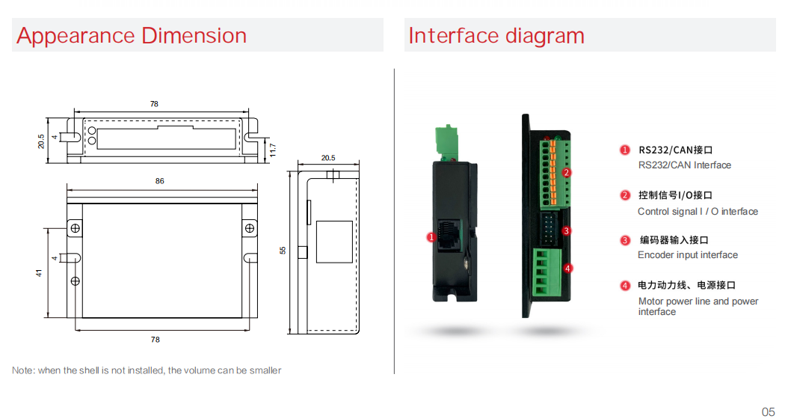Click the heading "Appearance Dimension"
tap(132, 36)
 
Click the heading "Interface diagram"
tap(496, 36)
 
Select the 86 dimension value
tap(159, 181)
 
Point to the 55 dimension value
tap(283, 251)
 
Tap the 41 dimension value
tap(40, 273)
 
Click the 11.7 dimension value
tap(273, 150)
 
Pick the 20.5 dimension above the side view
tap(328, 158)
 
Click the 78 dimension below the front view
tap(156, 340)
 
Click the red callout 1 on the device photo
tap(431, 237)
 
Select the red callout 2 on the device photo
tap(567, 173)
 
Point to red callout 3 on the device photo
tap(566, 231)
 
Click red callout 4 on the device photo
tap(567, 268)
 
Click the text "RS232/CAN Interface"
tap(684, 165)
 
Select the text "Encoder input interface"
tap(688, 255)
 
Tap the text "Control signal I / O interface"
tap(698, 212)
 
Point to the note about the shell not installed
tap(147, 370)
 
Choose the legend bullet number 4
tap(625, 285)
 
